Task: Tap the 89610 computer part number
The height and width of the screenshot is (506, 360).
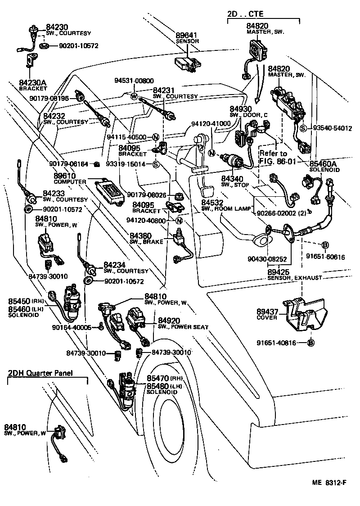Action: (64, 176)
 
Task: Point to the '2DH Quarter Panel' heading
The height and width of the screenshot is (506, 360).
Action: (40, 373)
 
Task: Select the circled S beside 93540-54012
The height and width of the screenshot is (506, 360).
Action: (303, 128)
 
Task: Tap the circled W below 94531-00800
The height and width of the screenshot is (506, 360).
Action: (134, 96)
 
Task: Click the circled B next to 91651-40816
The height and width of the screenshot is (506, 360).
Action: (310, 343)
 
